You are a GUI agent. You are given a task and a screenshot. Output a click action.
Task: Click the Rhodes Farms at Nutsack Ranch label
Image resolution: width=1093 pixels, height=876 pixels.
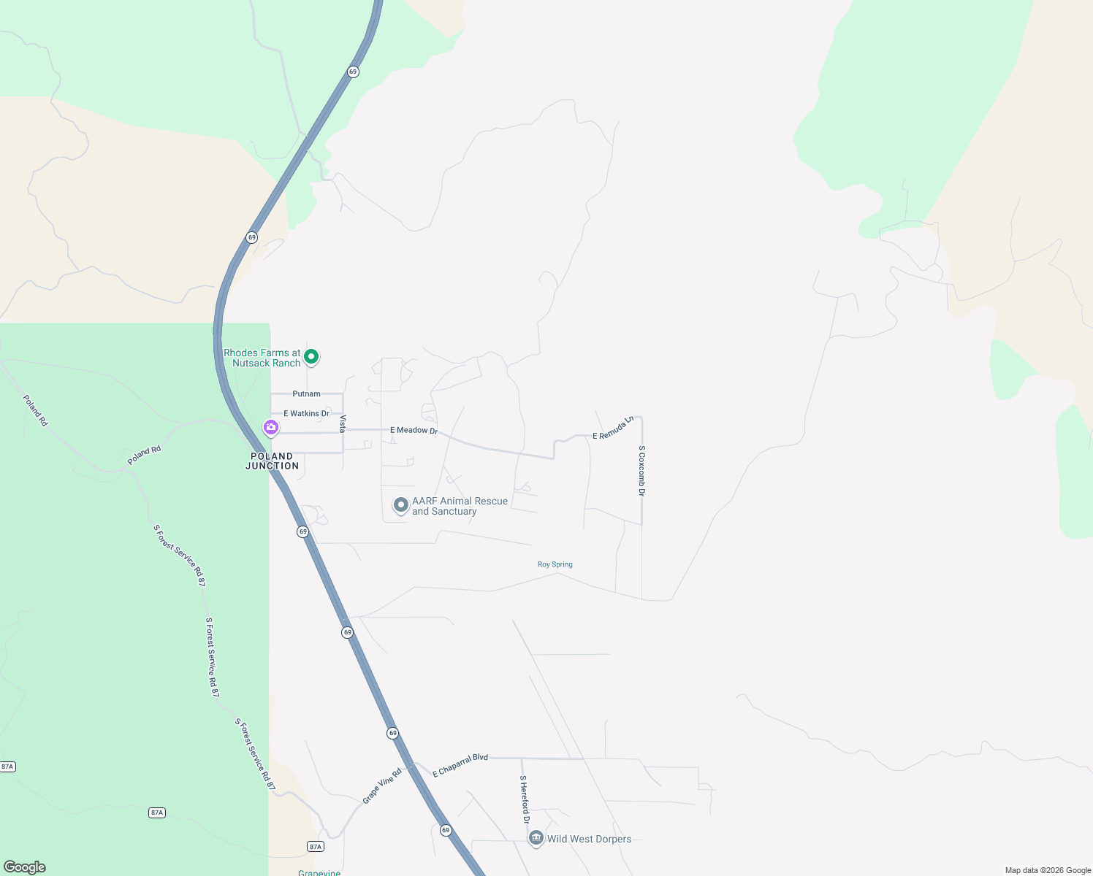coord(263,358)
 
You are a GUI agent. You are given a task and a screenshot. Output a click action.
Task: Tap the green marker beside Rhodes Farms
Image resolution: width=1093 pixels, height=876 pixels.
coord(311,357)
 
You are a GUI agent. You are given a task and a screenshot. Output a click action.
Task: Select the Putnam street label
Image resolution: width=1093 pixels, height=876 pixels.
coord(306,393)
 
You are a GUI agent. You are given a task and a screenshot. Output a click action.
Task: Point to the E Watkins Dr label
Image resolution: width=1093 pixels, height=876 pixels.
coord(306,413)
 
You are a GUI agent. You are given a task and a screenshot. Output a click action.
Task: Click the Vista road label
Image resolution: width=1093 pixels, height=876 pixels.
coord(342,423)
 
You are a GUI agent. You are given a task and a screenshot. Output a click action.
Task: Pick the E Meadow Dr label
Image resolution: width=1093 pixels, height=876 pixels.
coord(414,430)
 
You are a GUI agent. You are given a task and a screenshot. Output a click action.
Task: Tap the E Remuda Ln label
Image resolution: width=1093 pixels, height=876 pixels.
coord(613,429)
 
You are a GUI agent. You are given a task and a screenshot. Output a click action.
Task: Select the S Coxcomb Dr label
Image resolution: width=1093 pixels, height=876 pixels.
coord(641,471)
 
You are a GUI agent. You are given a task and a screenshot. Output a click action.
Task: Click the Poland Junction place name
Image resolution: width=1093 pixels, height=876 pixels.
coord(272,461)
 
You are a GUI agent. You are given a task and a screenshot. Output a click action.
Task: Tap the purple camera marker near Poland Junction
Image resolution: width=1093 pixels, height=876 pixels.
coord(271,428)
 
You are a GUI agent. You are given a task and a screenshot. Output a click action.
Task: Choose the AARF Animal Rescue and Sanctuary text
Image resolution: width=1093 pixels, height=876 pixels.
coord(460,506)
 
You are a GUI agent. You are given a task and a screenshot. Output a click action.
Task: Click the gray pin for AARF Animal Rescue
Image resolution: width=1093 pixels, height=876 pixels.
coord(400,505)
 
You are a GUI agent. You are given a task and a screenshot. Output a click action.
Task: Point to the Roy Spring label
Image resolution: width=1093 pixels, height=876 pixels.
coord(555,564)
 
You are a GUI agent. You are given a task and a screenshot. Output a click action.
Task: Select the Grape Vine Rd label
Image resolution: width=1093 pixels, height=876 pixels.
coord(382,785)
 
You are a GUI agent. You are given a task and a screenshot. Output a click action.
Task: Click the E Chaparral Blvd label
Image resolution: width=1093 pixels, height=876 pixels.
coord(460,765)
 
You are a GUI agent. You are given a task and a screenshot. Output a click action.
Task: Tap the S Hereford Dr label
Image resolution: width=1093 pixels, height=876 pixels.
coord(524,799)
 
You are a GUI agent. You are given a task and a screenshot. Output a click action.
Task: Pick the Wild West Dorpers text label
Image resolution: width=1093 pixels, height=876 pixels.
coord(589,839)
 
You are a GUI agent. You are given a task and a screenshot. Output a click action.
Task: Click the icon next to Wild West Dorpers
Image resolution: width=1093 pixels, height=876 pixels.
coord(536,838)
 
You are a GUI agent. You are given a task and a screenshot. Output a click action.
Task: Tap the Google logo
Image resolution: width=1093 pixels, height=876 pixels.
coord(25,867)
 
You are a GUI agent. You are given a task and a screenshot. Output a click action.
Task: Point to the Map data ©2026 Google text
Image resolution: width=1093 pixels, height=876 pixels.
coord(1048,870)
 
